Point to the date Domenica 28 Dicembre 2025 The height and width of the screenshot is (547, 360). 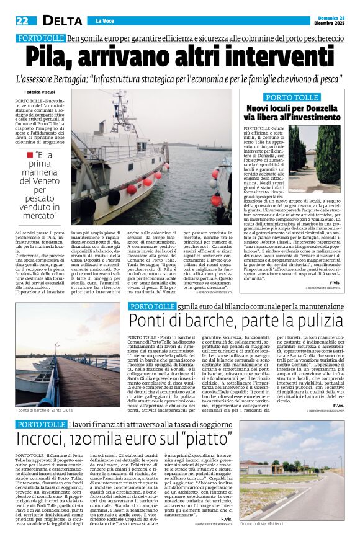(331, 20)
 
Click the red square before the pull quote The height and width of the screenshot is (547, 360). (29, 154)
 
